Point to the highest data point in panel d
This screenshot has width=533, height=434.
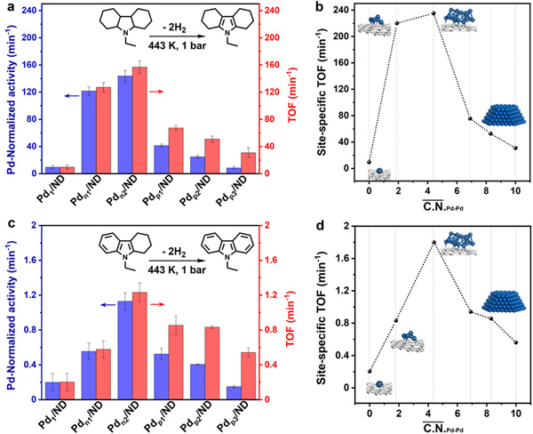[434, 242]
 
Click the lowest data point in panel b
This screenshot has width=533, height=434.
[369, 162]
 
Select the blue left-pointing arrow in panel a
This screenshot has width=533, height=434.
[92, 92]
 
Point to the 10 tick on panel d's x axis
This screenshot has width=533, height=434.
[515, 414]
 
